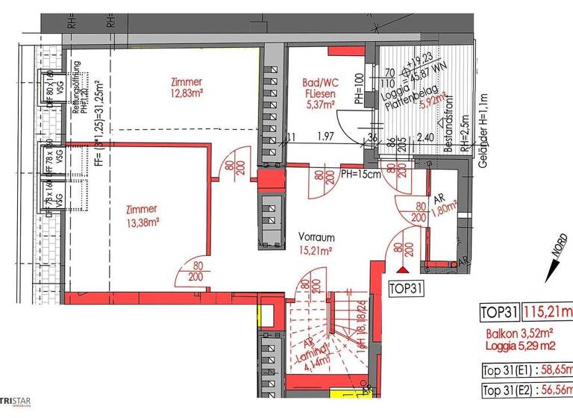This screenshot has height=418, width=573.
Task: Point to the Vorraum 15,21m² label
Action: pos(315,244)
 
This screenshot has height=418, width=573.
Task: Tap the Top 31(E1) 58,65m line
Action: pos(526,369)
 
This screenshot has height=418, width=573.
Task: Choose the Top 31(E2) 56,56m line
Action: pos(526,390)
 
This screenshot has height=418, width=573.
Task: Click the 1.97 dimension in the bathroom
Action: pos(325,137)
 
